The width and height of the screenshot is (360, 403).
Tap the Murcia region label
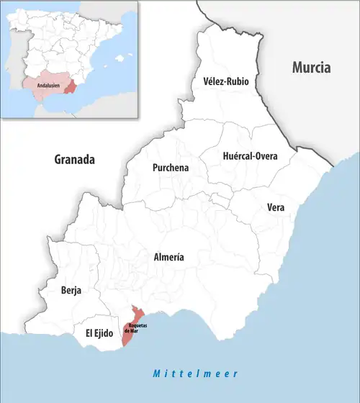point(310,68)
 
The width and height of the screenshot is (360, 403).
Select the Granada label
point(74,160)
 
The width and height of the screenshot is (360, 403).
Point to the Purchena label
point(171,168)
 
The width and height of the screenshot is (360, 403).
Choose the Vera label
point(275,207)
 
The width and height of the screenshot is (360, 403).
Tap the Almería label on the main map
point(169,257)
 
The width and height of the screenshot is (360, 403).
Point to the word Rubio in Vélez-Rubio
point(236,82)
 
